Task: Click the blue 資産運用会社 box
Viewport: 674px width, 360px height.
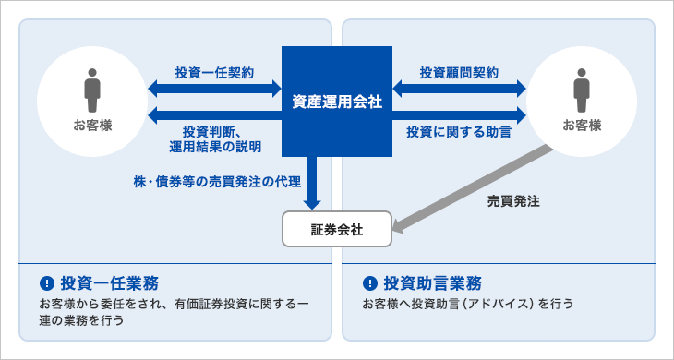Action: click(336, 102)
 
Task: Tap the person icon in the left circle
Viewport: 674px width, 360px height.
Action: click(91, 89)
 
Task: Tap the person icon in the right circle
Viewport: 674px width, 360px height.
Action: click(582, 89)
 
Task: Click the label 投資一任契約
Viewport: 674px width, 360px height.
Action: click(214, 71)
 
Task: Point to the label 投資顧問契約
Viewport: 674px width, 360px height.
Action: click(459, 71)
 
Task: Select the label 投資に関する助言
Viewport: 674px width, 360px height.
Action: click(459, 132)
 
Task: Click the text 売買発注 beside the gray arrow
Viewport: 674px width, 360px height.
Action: click(513, 199)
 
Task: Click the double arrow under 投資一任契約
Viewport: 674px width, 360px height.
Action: click(214, 89)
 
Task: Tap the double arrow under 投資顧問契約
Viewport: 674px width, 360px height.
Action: click(459, 89)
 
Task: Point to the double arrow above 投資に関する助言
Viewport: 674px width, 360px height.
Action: click(459, 115)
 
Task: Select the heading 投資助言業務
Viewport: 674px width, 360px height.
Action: click(435, 282)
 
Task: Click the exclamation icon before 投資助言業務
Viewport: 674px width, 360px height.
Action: click(370, 282)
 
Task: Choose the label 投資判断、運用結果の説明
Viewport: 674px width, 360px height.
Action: click(214, 138)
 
